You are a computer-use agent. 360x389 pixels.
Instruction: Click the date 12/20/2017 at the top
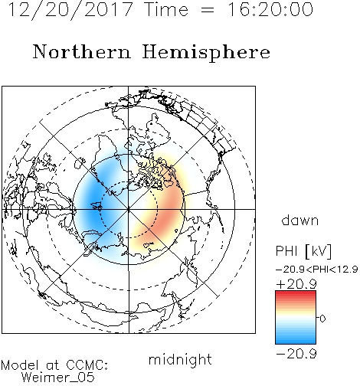(x=70, y=10)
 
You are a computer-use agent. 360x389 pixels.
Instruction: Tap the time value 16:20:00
(x=270, y=9)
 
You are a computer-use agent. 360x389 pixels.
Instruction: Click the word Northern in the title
(x=82, y=51)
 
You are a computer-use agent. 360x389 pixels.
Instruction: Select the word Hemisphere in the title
(x=206, y=53)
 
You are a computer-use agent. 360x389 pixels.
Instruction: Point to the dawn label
(x=300, y=221)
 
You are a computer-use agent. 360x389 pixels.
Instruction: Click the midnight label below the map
(x=180, y=360)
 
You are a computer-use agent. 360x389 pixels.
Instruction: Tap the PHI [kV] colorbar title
(x=303, y=251)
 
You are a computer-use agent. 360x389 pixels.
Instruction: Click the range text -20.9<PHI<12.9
(x=316, y=270)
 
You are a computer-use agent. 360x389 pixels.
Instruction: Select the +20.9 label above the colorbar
(x=296, y=284)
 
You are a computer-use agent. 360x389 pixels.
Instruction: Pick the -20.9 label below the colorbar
(x=296, y=354)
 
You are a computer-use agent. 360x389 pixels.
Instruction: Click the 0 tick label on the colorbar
(x=322, y=319)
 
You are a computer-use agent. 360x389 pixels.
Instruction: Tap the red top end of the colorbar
(x=296, y=293)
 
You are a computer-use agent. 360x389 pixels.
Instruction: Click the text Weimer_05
(x=58, y=378)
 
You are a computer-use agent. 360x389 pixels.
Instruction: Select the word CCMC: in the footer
(x=87, y=365)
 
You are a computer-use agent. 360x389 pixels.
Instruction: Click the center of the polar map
(x=129, y=209)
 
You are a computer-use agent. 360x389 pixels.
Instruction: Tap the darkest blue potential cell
(x=93, y=204)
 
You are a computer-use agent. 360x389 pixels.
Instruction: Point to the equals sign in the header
(x=208, y=10)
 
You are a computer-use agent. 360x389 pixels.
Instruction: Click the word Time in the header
(x=166, y=9)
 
